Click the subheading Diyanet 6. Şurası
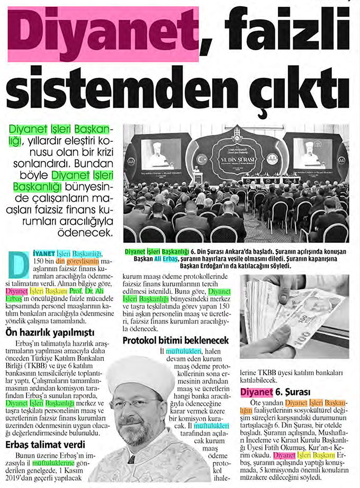click(x=274, y=392)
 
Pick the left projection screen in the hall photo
click(x=159, y=153)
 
